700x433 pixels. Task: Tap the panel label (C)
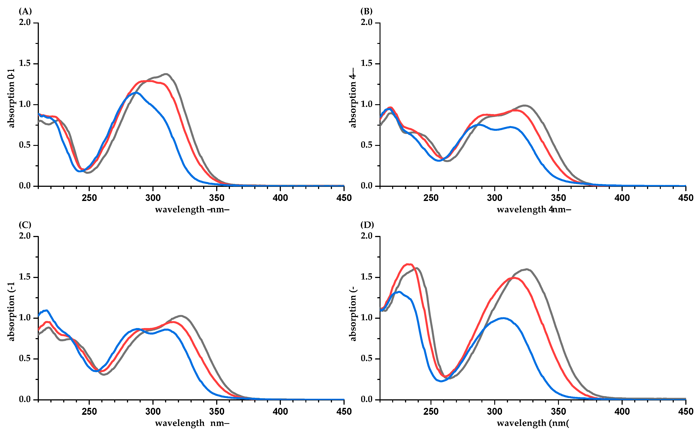pyautogui.click(x=25, y=225)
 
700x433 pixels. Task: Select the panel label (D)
pyautogui.click(x=367, y=225)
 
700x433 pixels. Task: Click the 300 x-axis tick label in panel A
pyautogui.click(x=153, y=198)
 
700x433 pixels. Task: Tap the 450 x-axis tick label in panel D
pyautogui.click(x=686, y=412)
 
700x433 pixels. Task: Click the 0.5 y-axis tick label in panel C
pyautogui.click(x=25, y=359)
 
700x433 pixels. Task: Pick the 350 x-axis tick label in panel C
pyautogui.click(x=217, y=412)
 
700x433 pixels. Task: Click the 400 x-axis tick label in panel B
pyautogui.click(x=622, y=198)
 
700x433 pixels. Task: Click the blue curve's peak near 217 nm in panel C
pyautogui.click(x=47, y=310)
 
